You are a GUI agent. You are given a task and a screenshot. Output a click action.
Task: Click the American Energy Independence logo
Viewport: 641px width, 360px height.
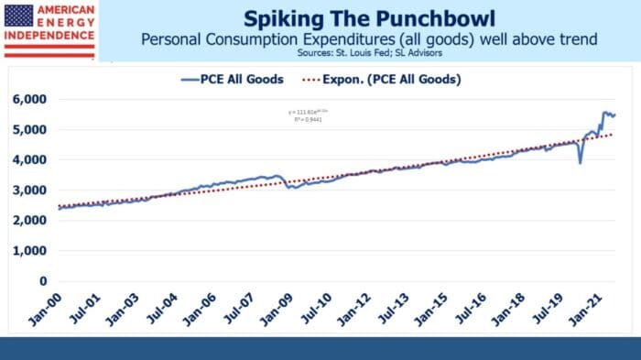click(x=49, y=29)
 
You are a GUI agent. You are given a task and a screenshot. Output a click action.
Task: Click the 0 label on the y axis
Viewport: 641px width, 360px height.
click(x=43, y=281)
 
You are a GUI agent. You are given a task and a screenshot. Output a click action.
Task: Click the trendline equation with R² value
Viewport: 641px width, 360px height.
click(x=308, y=115)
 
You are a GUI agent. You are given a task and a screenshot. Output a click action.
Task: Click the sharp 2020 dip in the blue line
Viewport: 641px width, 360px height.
click(x=581, y=162)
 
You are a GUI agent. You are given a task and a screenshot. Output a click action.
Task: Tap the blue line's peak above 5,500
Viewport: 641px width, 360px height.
click(x=604, y=112)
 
